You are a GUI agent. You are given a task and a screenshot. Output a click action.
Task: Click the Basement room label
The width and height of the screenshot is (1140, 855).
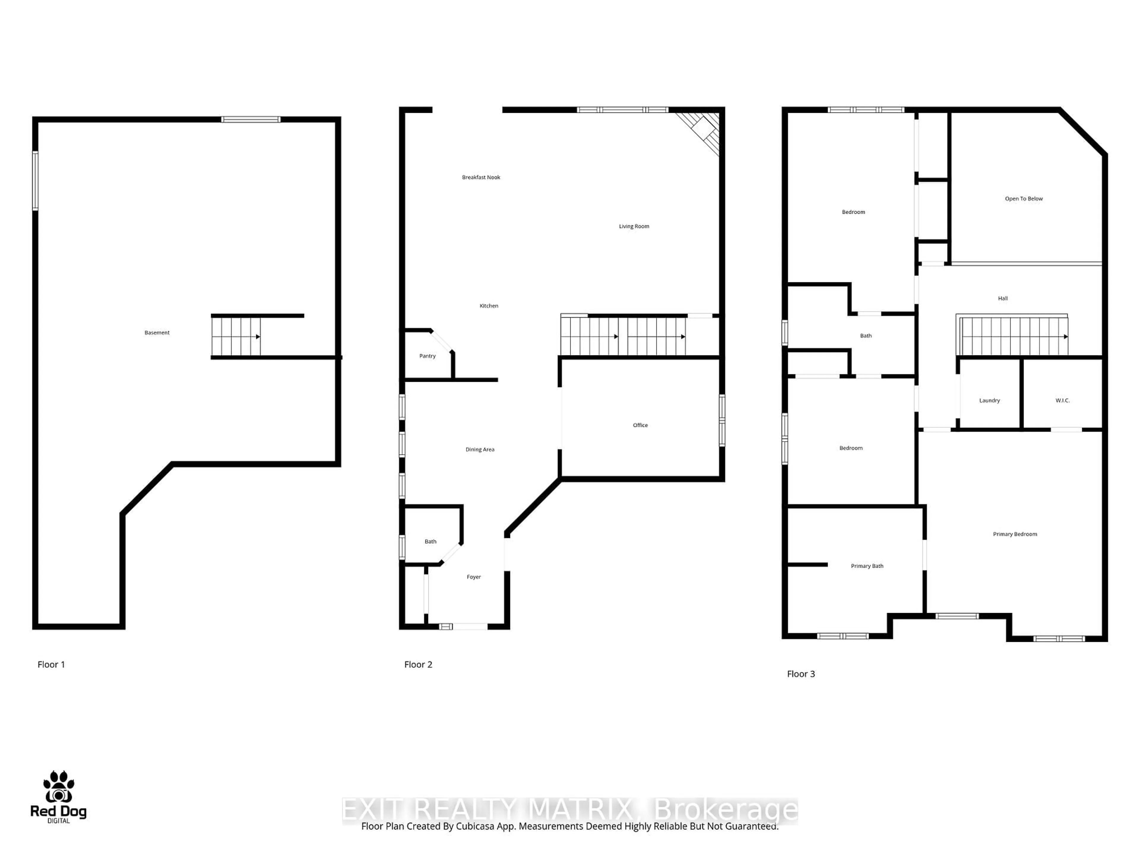pos(157,333)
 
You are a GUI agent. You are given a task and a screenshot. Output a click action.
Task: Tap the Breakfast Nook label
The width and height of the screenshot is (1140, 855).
pos(481,177)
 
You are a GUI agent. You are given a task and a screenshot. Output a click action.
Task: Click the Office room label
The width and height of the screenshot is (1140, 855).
pos(640,425)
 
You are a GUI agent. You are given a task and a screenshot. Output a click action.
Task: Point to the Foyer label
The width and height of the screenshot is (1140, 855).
pos(474,577)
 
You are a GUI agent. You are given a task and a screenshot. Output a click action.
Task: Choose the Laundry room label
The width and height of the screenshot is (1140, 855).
pos(989,400)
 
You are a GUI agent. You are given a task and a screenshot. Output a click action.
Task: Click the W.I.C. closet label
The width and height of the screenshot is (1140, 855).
pos(1062,400)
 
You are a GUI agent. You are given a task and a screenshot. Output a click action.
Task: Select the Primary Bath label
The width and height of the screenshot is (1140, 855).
pos(867,566)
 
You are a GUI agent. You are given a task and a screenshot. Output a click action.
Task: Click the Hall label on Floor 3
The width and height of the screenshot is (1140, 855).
pos(1002,298)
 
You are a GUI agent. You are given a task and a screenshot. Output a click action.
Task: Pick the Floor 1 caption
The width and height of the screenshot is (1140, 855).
pos(51,664)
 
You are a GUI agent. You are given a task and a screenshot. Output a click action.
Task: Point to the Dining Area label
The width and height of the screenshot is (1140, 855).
pos(480,449)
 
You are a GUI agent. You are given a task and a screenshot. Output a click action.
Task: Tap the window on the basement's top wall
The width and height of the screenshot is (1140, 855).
pos(251,120)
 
